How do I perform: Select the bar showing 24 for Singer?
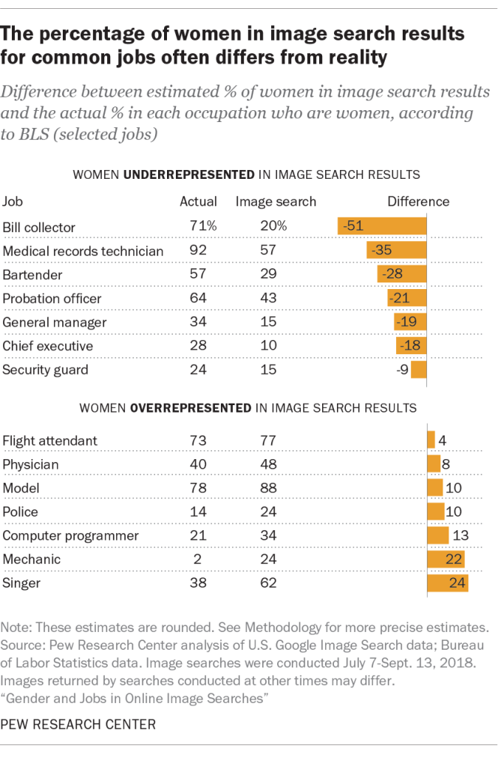448,583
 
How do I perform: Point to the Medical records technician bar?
397,251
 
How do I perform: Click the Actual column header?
199,202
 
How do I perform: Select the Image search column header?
276,202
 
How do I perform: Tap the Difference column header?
418,202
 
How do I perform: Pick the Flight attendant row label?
50,441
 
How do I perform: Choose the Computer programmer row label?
71,536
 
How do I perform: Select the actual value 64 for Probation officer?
199,298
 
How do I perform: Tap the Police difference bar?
435,512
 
